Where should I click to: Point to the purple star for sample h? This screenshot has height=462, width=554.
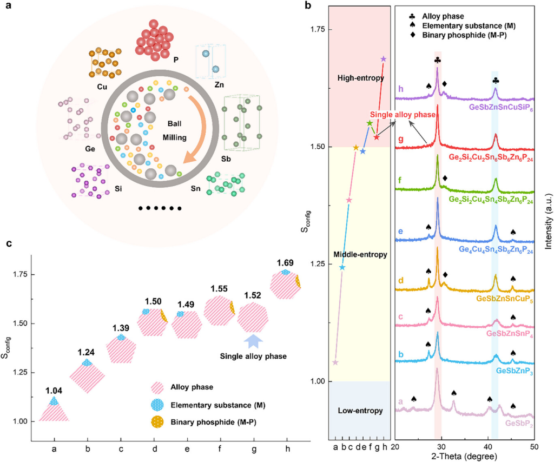(384, 59)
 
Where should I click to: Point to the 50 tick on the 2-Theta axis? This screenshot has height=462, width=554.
(534, 445)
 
